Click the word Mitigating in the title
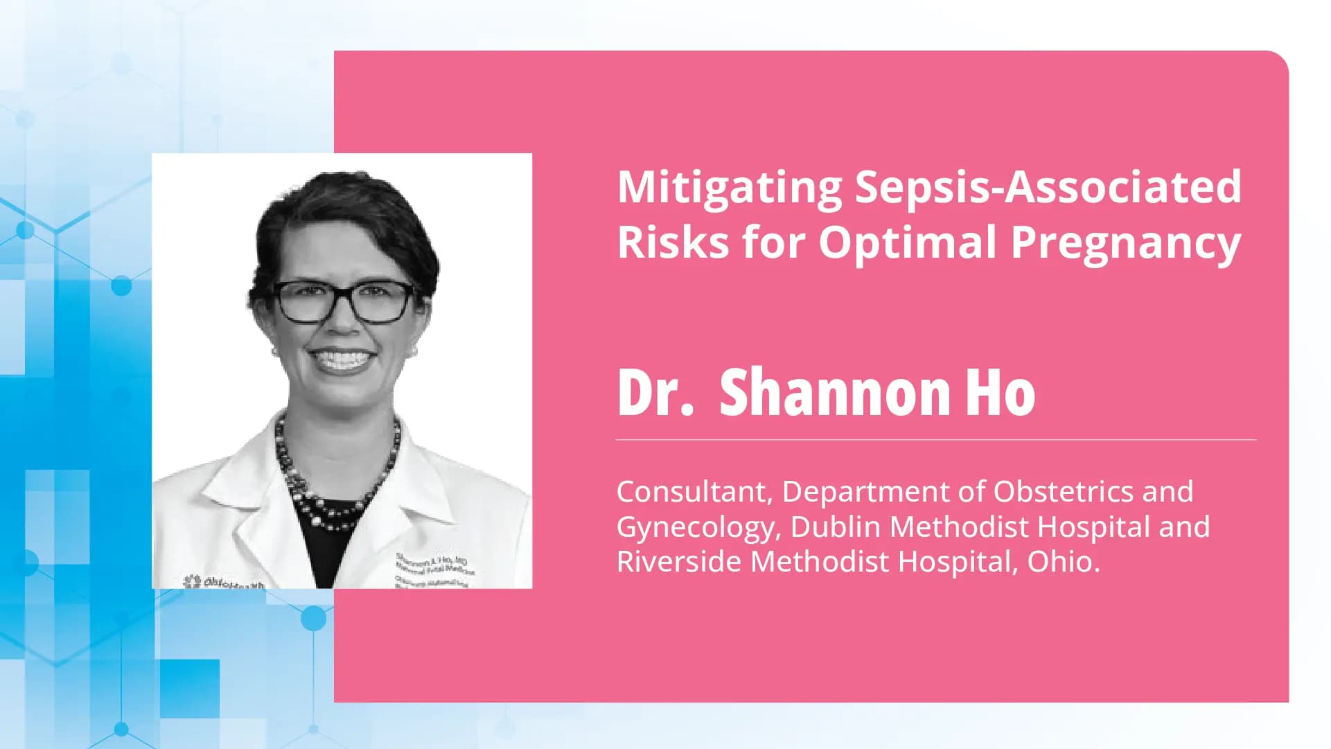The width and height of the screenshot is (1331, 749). [x=728, y=188]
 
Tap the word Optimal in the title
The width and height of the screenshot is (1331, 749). [x=907, y=243]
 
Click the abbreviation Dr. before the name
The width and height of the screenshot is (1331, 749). [x=655, y=392]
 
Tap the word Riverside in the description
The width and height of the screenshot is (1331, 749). [x=679, y=561]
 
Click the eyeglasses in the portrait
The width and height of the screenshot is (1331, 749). [x=344, y=301]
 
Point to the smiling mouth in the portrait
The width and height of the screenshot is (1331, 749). [x=341, y=360]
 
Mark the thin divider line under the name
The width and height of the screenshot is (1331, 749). [x=935, y=440]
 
